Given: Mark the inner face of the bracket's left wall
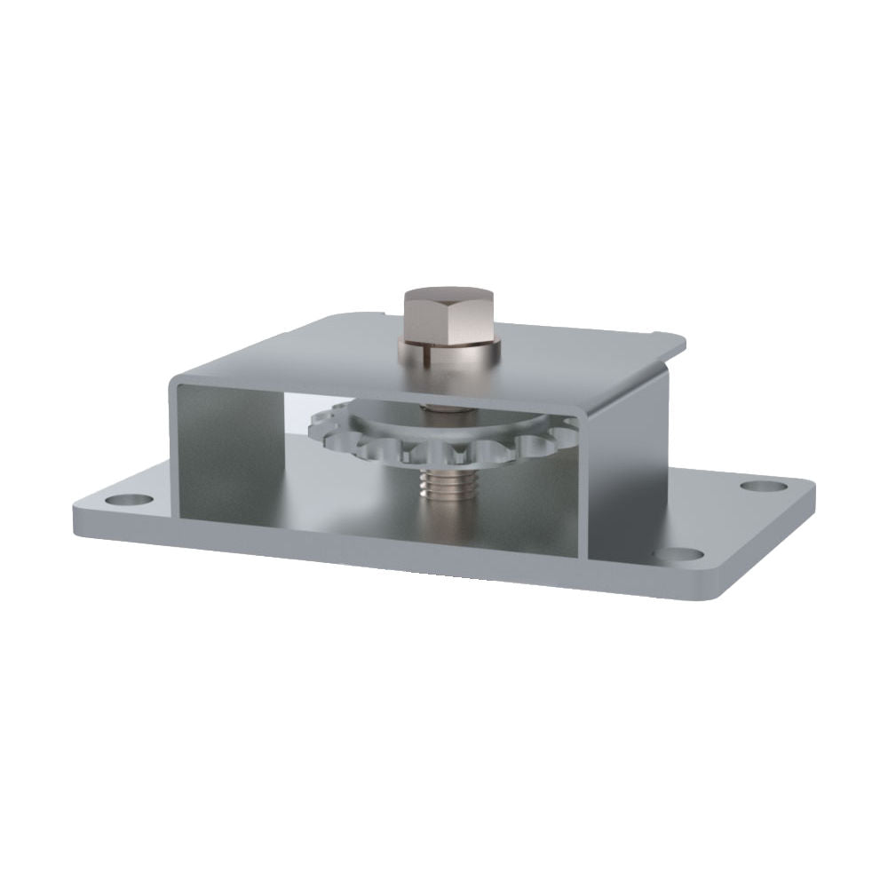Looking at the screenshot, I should [x=226, y=444].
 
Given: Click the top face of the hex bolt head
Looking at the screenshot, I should [x=449, y=297].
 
